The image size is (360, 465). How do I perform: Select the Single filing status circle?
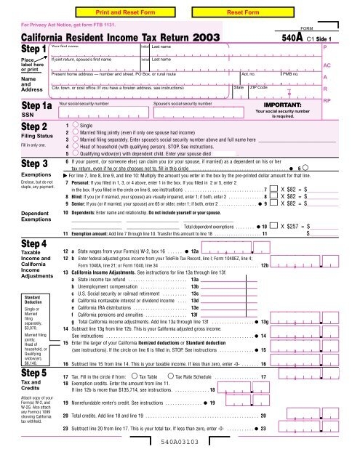75,126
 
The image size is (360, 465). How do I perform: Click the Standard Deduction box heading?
17,299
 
